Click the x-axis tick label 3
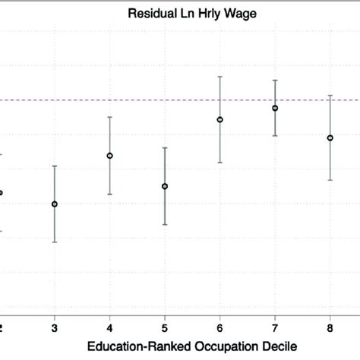55,327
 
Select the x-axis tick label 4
109,327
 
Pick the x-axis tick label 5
165,327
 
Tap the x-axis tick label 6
220,327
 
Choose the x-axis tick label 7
275,327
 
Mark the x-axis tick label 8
330,327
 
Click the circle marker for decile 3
55,204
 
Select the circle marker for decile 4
109,156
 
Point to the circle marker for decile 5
165,186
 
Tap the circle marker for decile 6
220,119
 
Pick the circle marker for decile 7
275,108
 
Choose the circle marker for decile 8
330,137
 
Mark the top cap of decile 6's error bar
220,77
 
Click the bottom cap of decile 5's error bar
165,225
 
